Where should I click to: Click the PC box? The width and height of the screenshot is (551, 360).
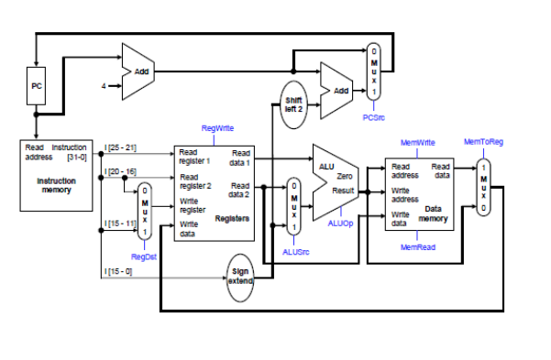(x=37, y=86)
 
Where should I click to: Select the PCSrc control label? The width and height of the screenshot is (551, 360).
(x=373, y=116)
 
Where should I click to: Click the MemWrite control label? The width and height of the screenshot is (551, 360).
(x=418, y=143)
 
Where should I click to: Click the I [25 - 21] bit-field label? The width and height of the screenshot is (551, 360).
(x=121, y=147)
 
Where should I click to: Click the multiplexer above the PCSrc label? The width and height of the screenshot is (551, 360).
(x=373, y=73)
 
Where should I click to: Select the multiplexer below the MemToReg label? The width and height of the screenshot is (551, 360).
(x=483, y=188)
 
